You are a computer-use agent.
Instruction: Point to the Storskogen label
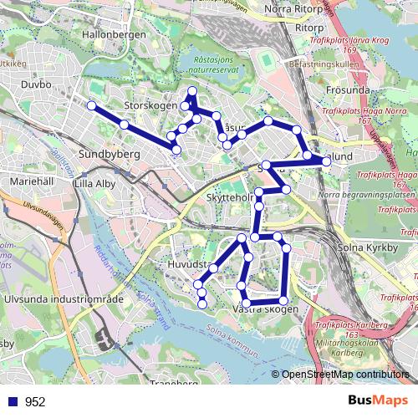pos(150,106)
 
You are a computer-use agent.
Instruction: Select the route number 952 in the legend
pos(34,401)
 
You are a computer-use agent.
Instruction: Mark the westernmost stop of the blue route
pos(90,105)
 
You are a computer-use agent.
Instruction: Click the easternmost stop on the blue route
pos(326,161)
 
